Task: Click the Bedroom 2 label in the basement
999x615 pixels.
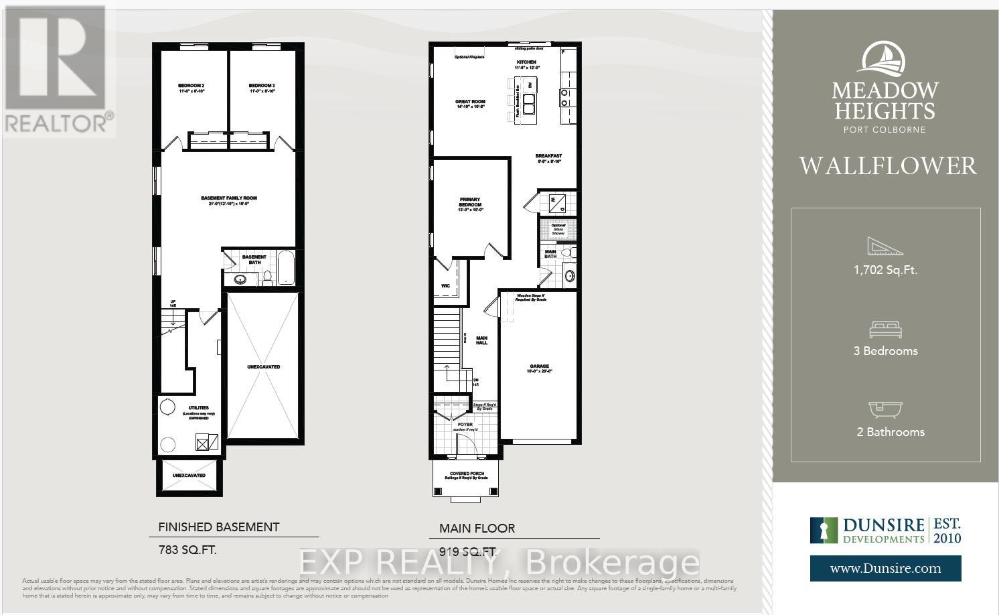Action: tap(191, 86)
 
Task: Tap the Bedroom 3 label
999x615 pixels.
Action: tap(262, 86)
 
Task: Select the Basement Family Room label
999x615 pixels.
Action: tap(229, 198)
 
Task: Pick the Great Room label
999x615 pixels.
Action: tap(470, 102)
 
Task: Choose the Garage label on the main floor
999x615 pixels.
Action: tap(539, 366)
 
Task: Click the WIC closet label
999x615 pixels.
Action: tap(446, 286)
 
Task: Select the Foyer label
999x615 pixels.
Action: tap(465, 424)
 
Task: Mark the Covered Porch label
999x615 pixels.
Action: tap(466, 474)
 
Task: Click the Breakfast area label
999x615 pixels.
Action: tap(548, 156)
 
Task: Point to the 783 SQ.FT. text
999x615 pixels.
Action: tap(187, 551)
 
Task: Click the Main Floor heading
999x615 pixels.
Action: tap(477, 529)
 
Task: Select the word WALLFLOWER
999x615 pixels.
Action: tap(887, 166)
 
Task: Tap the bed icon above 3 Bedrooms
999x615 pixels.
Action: tap(885, 330)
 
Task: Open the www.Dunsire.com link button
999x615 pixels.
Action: tap(885, 569)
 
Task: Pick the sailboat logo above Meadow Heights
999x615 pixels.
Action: tap(884, 58)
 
